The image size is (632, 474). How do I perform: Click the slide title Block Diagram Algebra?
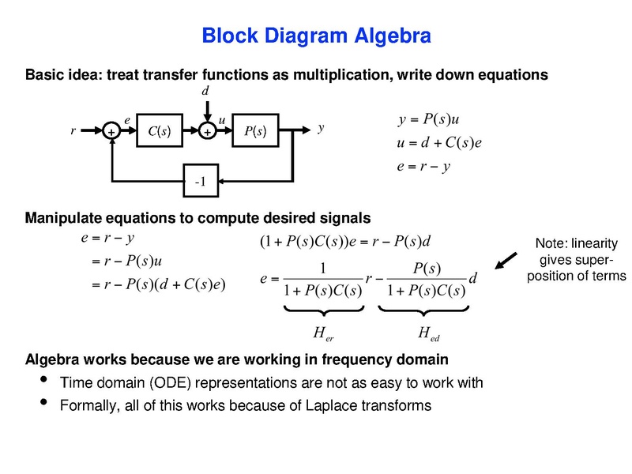click(x=316, y=36)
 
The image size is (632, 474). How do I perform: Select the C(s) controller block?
click(x=160, y=132)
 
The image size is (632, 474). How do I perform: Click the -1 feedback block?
click(x=201, y=182)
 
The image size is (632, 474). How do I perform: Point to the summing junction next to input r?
click(x=112, y=133)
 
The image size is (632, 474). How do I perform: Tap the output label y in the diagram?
click(x=321, y=127)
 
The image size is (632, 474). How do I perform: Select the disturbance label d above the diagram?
click(x=205, y=92)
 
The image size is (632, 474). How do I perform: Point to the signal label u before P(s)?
click(x=222, y=118)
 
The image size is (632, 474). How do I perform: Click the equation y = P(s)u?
click(x=429, y=120)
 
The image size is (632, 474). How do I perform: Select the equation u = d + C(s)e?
click(x=439, y=143)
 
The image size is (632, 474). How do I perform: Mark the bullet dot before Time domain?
click(x=42, y=382)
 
